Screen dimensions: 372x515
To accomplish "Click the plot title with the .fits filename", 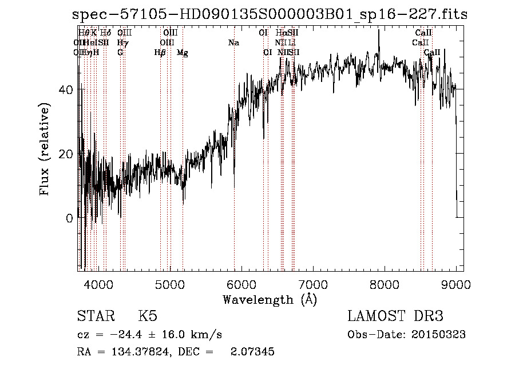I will point(270,15).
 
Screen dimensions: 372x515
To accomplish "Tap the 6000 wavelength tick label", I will point(241,284).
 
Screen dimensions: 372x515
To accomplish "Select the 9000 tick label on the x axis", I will point(456,284).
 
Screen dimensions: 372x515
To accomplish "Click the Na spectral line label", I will point(233,43).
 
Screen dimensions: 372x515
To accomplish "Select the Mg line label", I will point(183,53).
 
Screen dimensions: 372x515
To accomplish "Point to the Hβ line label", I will point(160,53).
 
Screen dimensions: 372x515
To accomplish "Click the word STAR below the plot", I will point(96,316).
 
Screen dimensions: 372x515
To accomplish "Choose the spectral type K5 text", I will point(148,316).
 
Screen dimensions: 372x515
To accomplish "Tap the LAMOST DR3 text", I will point(395,316).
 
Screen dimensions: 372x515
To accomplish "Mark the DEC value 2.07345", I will point(252,352).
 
